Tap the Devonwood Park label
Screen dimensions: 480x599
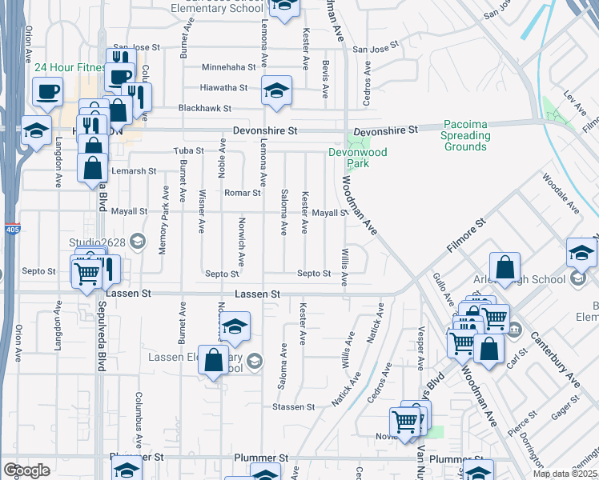click(x=348, y=157)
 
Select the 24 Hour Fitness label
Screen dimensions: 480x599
click(x=70, y=67)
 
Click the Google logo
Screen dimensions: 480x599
click(x=26, y=470)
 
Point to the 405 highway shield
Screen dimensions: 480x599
click(x=11, y=229)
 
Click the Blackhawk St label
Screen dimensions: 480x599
click(x=205, y=108)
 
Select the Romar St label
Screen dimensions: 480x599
click(x=243, y=193)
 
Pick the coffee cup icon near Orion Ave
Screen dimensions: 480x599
click(x=47, y=90)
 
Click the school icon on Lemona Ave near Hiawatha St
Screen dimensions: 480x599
click(x=276, y=91)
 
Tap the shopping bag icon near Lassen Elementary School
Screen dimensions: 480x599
click(x=215, y=360)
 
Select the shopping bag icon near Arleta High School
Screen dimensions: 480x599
click(x=505, y=267)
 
